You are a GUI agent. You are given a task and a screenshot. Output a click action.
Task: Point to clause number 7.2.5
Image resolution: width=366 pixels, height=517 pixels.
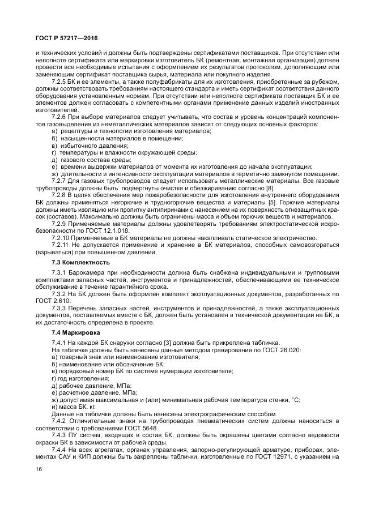tap(59, 83)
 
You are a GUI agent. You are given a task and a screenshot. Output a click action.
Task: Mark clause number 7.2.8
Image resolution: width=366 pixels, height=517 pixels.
tap(59, 194)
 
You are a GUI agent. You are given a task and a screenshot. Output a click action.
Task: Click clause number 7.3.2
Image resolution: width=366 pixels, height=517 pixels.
tap(59, 294)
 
